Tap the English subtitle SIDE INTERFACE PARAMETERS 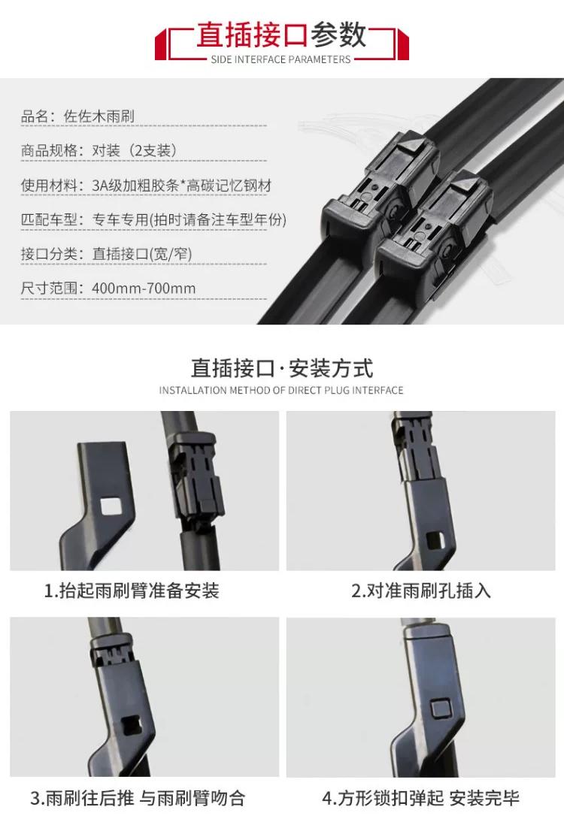tap(280, 59)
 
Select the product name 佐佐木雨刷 tap(99, 116)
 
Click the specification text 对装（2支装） tap(134, 150)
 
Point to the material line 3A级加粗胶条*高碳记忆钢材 tap(182, 186)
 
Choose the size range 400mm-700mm tap(144, 289)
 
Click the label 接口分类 tap(49, 253)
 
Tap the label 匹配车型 tap(49, 219)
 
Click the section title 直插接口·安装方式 tap(281, 369)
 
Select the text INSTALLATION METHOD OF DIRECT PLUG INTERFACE tap(281, 391)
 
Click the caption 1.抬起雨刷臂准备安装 tap(132, 591)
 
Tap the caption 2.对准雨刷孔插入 tap(421, 591)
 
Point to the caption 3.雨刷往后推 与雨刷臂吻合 tap(138, 798)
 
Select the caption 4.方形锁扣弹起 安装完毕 tap(421, 798)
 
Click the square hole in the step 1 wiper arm tap(111, 506)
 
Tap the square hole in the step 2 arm tap(435, 540)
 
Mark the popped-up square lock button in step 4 tap(441, 709)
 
